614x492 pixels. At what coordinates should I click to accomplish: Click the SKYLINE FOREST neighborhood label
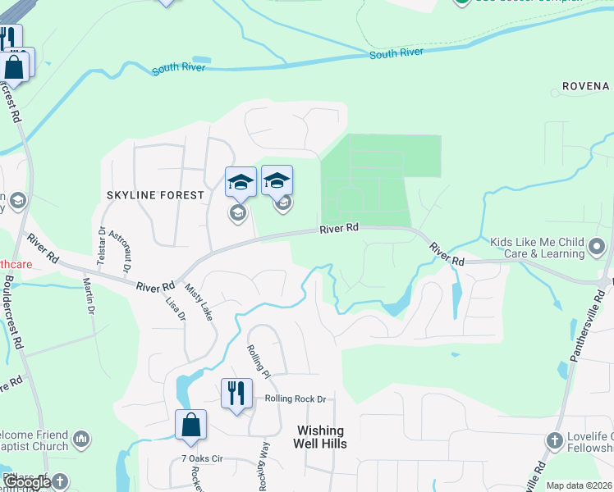pyautogui.click(x=154, y=195)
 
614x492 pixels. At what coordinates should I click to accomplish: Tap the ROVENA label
pyautogui.click(x=586, y=86)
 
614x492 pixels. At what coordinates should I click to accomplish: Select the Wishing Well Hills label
pyautogui.click(x=320, y=437)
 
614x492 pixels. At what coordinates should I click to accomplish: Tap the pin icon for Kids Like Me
pyautogui.click(x=598, y=246)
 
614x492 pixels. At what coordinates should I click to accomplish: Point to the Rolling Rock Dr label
pyautogui.click(x=296, y=399)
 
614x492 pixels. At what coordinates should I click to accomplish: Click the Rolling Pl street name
pyautogui.click(x=259, y=361)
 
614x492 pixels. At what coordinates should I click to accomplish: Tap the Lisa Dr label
pyautogui.click(x=176, y=308)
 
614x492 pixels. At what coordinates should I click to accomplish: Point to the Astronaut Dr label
pyautogui.click(x=120, y=250)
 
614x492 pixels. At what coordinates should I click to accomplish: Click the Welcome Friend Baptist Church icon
pyautogui.click(x=80, y=440)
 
